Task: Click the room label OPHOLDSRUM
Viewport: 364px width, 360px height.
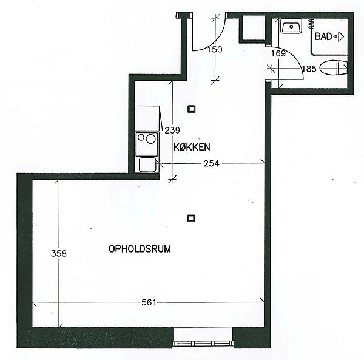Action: (x=140, y=249)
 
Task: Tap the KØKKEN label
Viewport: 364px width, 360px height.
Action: (x=192, y=147)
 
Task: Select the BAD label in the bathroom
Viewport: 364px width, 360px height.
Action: (x=323, y=36)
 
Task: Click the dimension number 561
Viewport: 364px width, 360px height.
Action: (x=149, y=302)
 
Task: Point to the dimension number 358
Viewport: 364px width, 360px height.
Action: (x=59, y=253)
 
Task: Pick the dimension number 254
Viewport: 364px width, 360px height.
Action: (x=212, y=164)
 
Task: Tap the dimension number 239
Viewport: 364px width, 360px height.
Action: (x=172, y=131)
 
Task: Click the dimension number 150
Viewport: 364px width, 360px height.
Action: (x=215, y=49)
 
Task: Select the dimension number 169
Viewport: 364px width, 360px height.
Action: (x=278, y=53)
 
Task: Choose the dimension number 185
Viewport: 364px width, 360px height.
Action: (x=309, y=69)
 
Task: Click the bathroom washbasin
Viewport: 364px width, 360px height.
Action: (x=291, y=26)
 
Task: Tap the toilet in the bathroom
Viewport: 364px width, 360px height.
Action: (x=334, y=68)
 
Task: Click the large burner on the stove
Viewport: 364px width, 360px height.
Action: (x=150, y=139)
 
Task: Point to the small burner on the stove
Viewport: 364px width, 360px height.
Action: (x=141, y=137)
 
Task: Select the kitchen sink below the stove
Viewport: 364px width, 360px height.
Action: (x=147, y=165)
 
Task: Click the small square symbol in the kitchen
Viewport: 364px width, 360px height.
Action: (x=192, y=109)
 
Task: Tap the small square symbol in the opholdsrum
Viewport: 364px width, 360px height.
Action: (x=191, y=219)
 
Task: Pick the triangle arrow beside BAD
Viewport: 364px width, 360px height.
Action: (x=340, y=37)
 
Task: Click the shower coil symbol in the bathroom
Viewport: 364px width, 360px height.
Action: (x=311, y=24)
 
